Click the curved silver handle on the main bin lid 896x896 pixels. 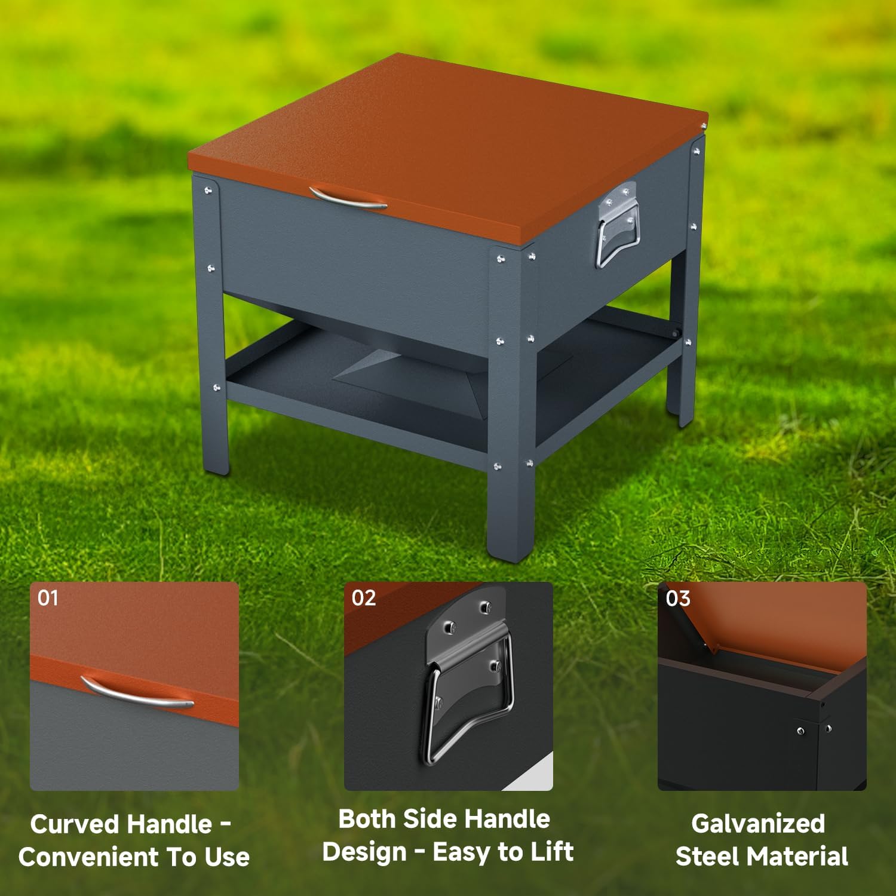coord(348,198)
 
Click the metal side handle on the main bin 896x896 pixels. coord(617,227)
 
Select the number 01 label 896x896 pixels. coord(48,598)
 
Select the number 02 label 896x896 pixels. coord(363,598)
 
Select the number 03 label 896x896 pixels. coord(677,598)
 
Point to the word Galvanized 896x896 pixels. coord(758,824)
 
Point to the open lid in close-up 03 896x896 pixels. coord(777,621)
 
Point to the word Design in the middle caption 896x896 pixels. coord(364,852)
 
